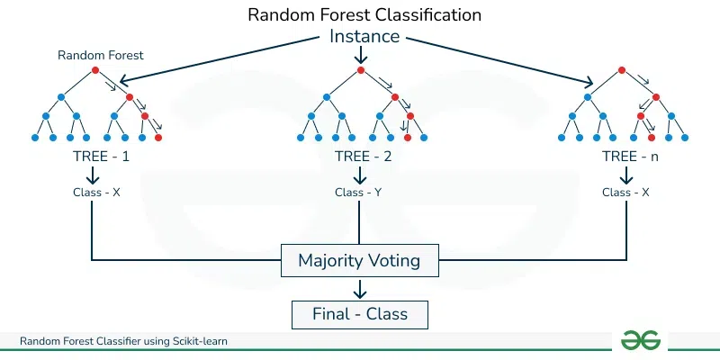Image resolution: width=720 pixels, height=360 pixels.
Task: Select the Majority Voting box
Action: (360, 262)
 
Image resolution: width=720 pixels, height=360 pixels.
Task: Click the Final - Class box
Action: (360, 313)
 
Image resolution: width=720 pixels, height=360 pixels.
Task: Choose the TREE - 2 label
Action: (360, 156)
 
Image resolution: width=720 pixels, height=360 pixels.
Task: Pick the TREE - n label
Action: (627, 156)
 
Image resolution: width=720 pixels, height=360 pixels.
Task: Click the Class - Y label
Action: (360, 192)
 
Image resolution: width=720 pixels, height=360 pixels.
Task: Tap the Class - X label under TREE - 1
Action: (96, 192)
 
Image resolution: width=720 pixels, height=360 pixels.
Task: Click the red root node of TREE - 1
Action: (94, 71)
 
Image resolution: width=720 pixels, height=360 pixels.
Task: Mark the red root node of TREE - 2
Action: (360, 71)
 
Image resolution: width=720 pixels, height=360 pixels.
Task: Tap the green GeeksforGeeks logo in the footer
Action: (640, 339)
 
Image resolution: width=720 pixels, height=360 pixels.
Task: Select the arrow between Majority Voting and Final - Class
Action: (360, 288)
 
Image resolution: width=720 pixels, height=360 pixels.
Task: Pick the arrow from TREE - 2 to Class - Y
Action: (360, 175)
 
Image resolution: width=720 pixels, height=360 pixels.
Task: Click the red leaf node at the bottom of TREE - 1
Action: (158, 138)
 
